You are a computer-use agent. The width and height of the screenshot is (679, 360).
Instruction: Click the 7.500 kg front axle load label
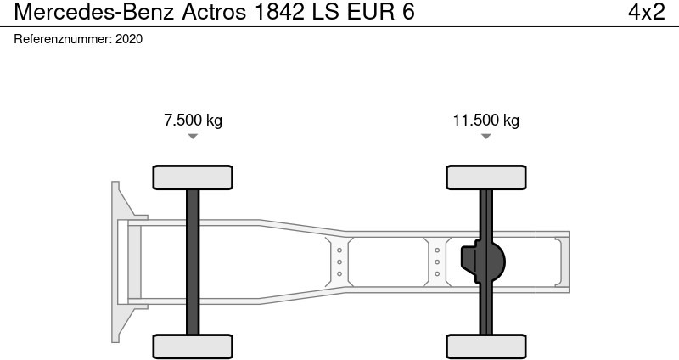(193, 120)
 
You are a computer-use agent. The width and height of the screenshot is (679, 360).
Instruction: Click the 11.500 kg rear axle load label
(485, 120)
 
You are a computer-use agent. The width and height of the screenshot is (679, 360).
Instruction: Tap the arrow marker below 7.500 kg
(193, 136)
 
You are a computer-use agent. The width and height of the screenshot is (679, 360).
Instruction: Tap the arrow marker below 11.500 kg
(485, 136)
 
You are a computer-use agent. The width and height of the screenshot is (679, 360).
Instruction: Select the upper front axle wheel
(193, 177)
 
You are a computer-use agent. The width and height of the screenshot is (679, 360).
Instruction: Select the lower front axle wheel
(193, 346)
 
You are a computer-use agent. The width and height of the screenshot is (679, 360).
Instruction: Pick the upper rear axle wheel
(485, 177)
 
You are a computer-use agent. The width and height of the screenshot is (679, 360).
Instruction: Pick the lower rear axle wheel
(485, 346)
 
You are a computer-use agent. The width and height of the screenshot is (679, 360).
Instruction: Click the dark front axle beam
(193, 262)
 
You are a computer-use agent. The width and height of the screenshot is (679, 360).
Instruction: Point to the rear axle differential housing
(483, 262)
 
